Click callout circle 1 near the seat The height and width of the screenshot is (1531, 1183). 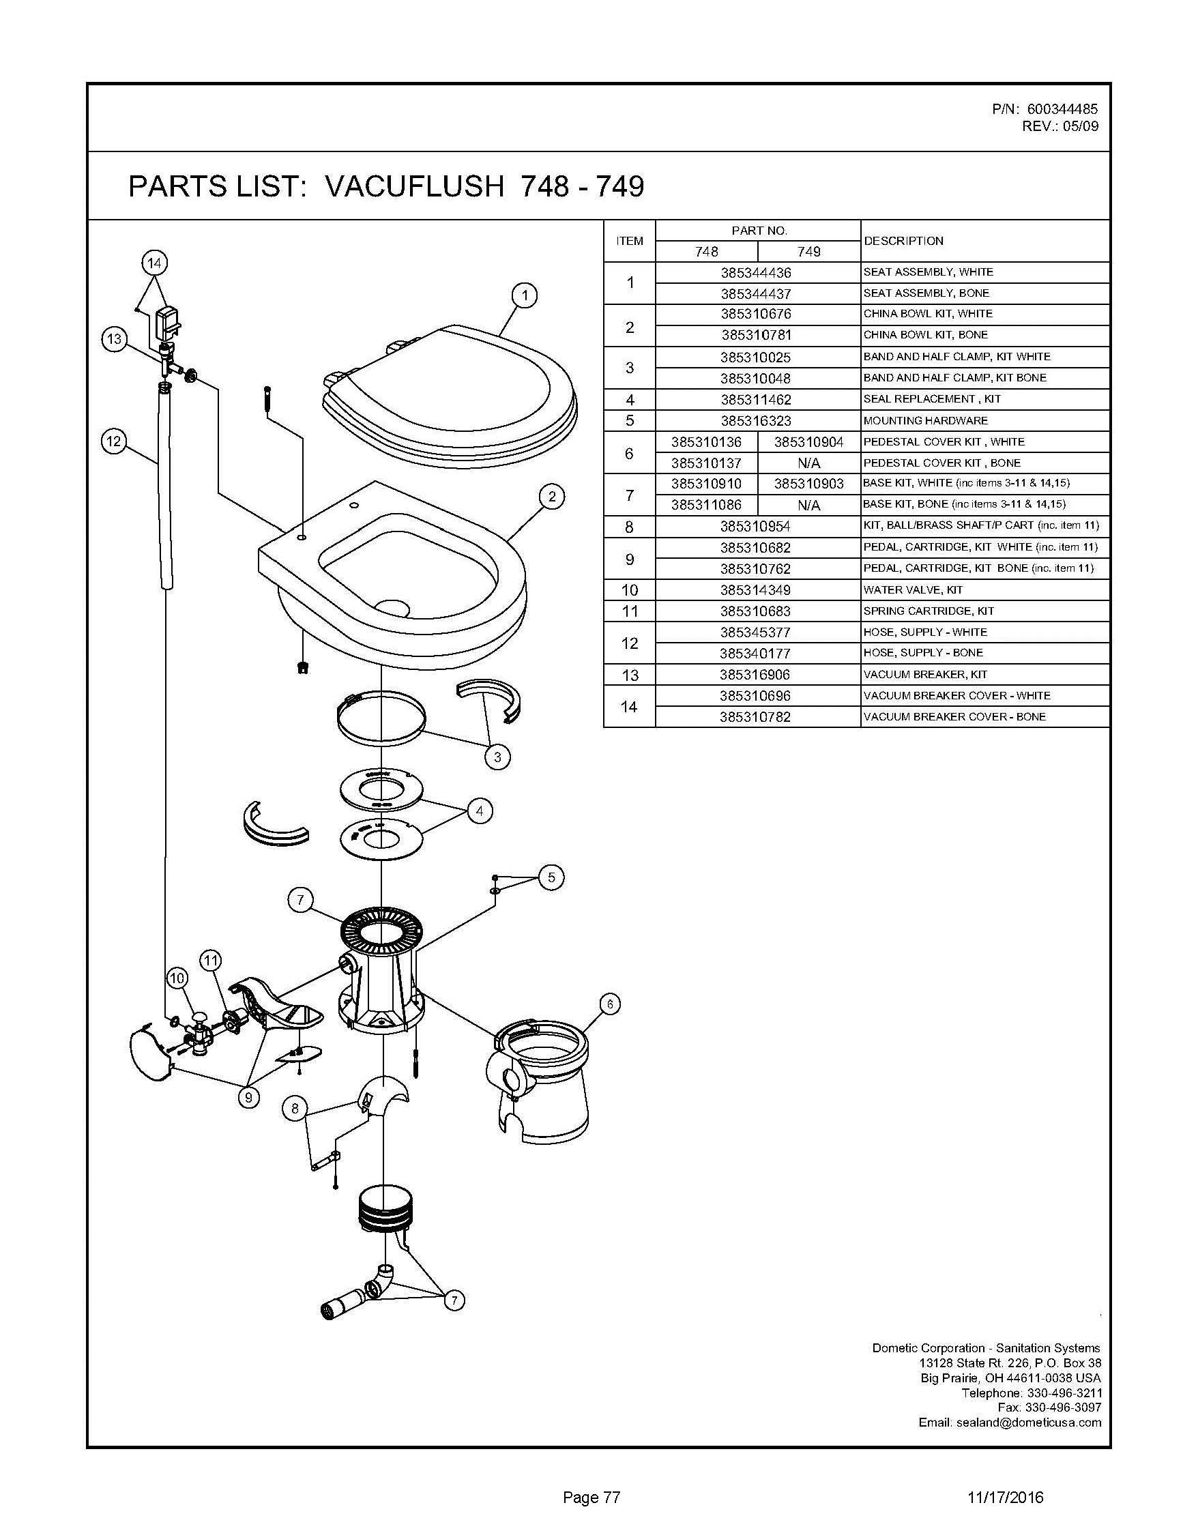[524, 295]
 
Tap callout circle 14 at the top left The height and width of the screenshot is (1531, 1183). [154, 263]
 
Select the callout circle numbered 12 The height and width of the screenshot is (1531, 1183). [113, 441]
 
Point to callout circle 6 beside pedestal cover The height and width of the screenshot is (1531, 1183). [610, 1004]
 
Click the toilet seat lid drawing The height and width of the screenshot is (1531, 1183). [448, 392]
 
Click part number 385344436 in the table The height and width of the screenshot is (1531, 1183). [755, 272]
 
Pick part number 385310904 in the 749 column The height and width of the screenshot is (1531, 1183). [808, 441]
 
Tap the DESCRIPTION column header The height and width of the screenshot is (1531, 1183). [903, 240]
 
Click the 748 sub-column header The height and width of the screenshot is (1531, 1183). [706, 251]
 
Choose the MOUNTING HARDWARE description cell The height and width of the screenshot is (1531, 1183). [925, 420]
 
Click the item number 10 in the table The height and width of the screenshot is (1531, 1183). [629, 589]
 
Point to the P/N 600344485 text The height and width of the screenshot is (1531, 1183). [1045, 109]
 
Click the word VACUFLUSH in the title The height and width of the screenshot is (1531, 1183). [415, 186]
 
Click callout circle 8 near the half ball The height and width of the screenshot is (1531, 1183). [295, 1108]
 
